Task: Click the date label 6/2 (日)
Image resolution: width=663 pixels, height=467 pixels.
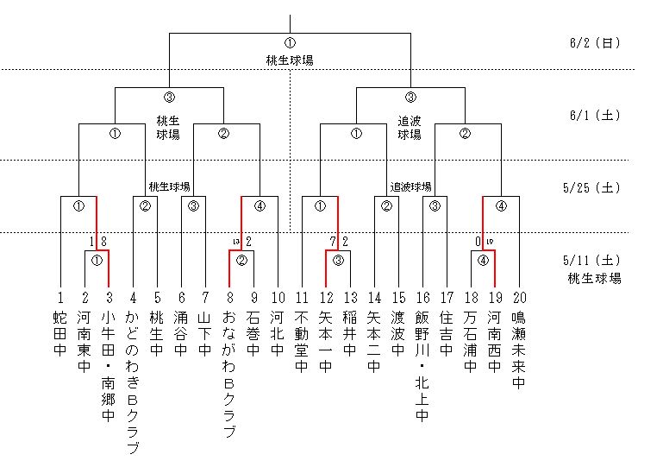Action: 595,42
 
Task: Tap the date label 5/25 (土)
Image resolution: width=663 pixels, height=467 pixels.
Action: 595,186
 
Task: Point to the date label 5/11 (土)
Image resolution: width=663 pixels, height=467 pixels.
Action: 595,258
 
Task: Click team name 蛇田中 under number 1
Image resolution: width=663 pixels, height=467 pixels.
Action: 60,333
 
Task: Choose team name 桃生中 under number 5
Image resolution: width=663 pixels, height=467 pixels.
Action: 156,333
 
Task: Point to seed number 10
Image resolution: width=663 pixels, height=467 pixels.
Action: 277,296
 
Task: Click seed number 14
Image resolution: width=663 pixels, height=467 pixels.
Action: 373,296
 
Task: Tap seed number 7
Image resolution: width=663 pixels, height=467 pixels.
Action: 205,296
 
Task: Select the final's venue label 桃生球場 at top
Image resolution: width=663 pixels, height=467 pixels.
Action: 290,60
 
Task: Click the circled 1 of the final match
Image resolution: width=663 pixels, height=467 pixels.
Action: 290,43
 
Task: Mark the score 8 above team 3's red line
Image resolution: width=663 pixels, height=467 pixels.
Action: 103,241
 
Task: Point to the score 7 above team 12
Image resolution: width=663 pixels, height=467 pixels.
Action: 333,241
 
